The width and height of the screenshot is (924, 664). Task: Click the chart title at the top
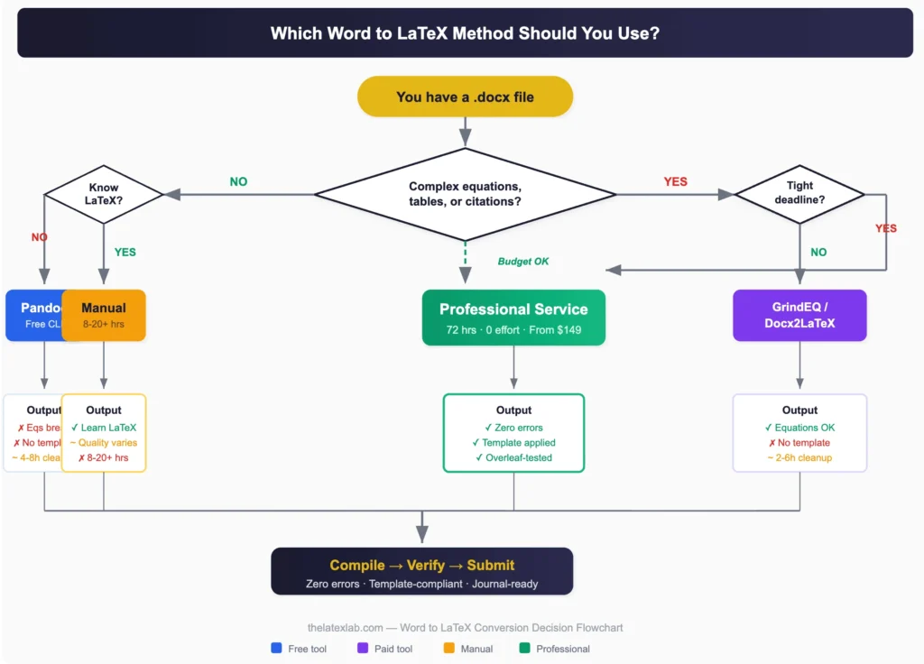(x=465, y=33)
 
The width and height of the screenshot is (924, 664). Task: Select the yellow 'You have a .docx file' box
(x=465, y=97)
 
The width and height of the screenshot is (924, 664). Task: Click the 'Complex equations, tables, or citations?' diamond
(x=465, y=193)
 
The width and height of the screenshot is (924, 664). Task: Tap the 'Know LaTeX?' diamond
(x=104, y=194)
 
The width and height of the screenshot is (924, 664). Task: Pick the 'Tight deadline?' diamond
(x=799, y=194)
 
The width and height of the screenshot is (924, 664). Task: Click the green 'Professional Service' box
(x=513, y=318)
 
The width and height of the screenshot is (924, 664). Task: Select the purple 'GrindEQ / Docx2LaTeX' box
(x=799, y=315)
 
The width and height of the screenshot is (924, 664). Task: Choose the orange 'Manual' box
(x=104, y=315)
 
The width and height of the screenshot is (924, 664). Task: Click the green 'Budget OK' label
(x=523, y=262)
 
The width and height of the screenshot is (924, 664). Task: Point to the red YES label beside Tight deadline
(x=886, y=228)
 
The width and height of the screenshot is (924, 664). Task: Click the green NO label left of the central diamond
(x=238, y=181)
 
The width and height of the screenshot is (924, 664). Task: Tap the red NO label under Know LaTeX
(x=39, y=237)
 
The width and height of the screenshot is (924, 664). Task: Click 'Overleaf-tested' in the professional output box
(x=513, y=457)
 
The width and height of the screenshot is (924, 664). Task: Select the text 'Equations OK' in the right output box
(x=799, y=428)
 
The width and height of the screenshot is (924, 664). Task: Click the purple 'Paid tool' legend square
(x=363, y=648)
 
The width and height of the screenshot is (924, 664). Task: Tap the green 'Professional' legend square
(x=525, y=648)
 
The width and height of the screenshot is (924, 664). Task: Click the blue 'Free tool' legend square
(x=276, y=648)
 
